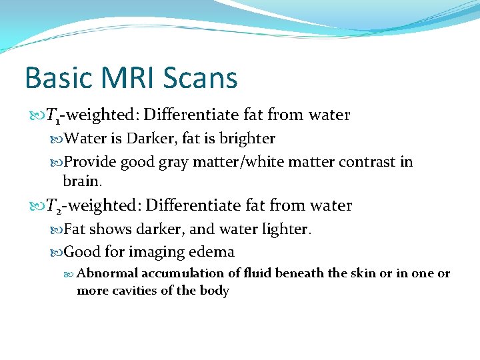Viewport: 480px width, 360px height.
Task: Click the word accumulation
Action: coord(172,273)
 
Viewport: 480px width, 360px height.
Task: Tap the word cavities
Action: coord(137,291)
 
